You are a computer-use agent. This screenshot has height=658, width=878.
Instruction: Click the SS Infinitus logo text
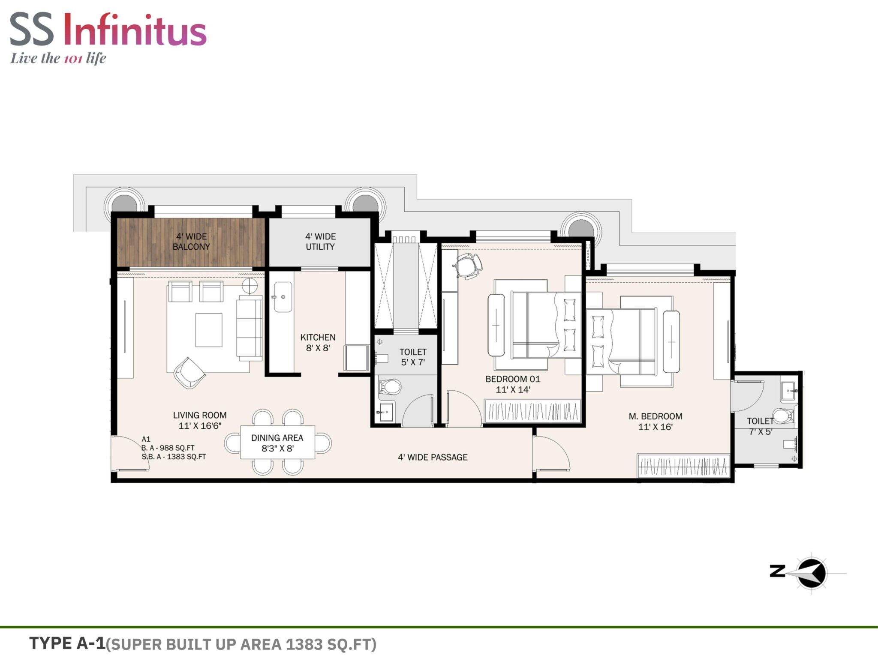pos(108,30)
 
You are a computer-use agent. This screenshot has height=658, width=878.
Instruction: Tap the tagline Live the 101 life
pos(58,58)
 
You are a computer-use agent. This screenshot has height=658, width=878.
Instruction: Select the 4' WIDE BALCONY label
pos(191,242)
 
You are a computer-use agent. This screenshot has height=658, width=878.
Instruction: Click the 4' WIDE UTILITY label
pos(320,242)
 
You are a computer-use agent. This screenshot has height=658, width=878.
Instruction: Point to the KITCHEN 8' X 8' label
pos(318,343)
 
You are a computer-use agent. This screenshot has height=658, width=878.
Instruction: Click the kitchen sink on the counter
pos(283,297)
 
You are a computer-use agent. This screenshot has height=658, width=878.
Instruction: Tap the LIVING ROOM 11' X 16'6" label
pos(200,420)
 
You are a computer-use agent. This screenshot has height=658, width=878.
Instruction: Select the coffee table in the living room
pos(209,330)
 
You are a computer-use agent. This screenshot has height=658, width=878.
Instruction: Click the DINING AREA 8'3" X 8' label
pos(277,443)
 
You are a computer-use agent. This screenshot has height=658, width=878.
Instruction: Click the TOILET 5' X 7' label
pos(413,357)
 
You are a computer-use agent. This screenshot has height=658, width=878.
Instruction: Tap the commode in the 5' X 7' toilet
pos(390,387)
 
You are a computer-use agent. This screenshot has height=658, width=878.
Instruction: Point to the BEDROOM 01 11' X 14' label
pos(513,384)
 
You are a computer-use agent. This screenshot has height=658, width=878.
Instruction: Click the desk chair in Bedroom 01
pos(468,266)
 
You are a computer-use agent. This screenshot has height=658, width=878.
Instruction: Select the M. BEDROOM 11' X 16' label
pos(655,422)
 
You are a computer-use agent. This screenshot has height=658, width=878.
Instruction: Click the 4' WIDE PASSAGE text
pos(433,457)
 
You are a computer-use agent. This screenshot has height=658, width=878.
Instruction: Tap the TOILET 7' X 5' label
pos(761,426)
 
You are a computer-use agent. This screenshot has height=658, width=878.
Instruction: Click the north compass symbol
pos(812,573)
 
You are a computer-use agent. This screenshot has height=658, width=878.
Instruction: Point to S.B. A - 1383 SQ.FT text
pos(174,457)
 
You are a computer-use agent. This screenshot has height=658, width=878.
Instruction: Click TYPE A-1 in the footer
pos(67,643)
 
